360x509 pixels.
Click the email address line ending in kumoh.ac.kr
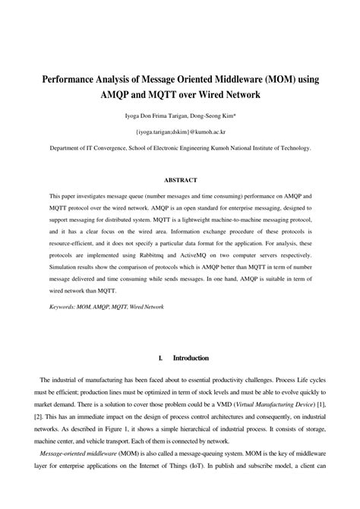pyautogui.click(x=180, y=131)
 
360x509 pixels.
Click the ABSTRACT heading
pyautogui.click(x=180, y=180)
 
